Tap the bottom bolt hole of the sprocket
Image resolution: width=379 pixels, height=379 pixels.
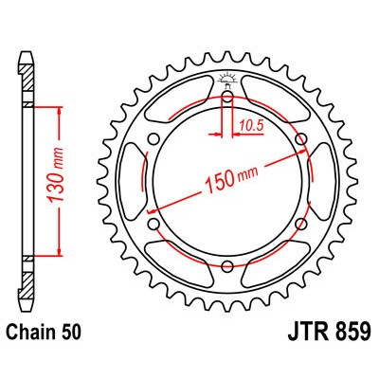(x=227, y=268)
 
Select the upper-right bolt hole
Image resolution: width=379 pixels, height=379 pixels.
(x=302, y=140)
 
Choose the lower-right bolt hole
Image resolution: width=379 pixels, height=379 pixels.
(x=302, y=226)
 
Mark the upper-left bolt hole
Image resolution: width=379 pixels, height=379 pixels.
(x=153, y=140)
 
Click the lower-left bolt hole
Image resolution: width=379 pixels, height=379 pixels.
(x=153, y=226)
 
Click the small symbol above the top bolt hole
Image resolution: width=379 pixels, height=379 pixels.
(x=227, y=78)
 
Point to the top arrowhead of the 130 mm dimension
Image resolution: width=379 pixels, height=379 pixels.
(x=61, y=112)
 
